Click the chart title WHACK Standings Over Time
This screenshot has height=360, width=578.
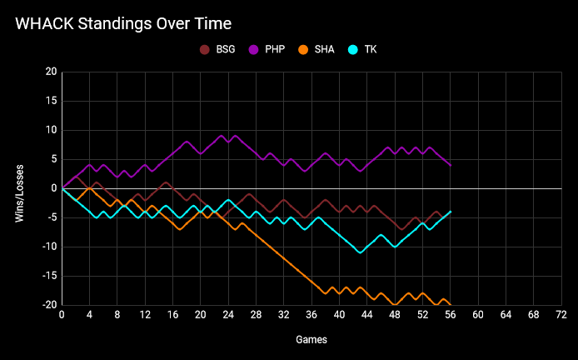point(123,23)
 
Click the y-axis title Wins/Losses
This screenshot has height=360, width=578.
point(19,188)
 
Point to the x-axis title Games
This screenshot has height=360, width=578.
point(311,340)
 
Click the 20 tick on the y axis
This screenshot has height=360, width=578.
point(51,72)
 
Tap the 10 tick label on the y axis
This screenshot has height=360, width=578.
point(51,130)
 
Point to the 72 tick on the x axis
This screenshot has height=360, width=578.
point(561,315)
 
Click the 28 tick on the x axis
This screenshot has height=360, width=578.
point(256,315)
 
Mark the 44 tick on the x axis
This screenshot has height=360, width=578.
point(367,315)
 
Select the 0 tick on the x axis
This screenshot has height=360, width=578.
point(62,315)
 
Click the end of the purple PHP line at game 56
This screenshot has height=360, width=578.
point(451,165)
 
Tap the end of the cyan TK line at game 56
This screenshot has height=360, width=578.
point(451,212)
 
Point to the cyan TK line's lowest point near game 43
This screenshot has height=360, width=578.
point(360,252)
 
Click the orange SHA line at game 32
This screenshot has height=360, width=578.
point(284,258)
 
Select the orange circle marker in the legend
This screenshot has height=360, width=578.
point(305,50)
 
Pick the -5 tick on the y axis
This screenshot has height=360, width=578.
point(51,217)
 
